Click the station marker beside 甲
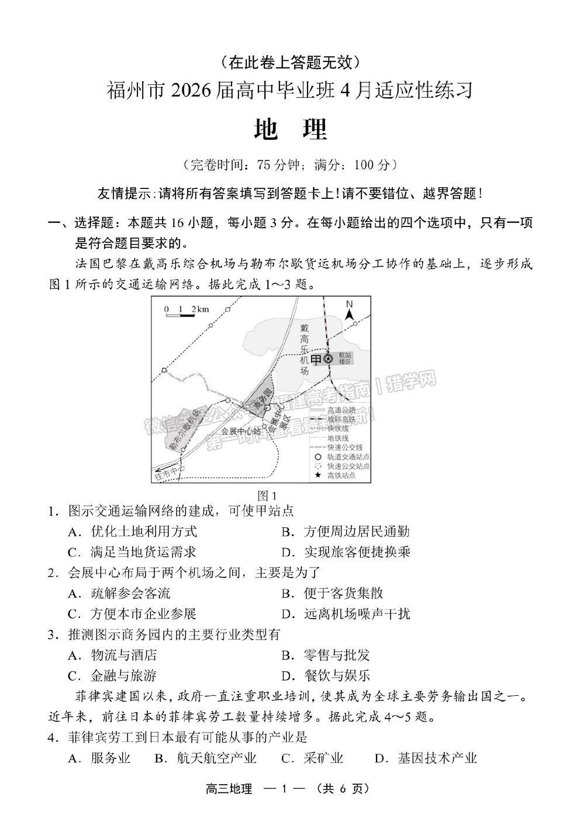pos(329,359)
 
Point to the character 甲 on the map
pos(316,359)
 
